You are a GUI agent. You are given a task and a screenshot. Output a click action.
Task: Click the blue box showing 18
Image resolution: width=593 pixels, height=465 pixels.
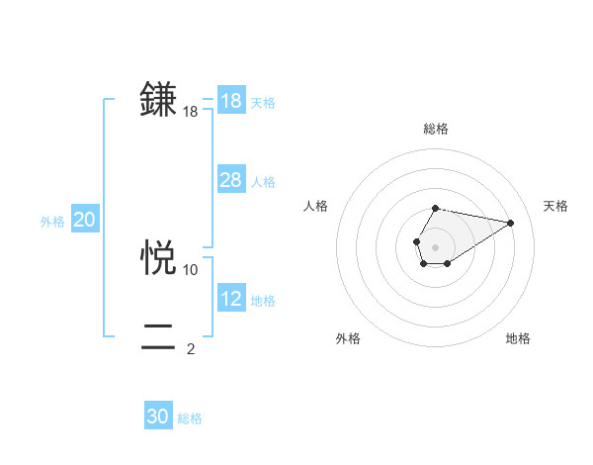pyautogui.click(x=231, y=101)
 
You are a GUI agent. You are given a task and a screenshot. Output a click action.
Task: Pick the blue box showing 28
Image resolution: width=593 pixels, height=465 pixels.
pyautogui.click(x=231, y=180)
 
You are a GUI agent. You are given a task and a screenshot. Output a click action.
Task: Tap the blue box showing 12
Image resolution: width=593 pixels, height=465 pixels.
pyautogui.click(x=231, y=299)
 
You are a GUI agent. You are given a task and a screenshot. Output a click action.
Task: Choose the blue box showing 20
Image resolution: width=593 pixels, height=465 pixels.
pyautogui.click(x=85, y=221)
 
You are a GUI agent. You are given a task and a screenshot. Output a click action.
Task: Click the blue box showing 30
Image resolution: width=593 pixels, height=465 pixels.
pyautogui.click(x=158, y=417)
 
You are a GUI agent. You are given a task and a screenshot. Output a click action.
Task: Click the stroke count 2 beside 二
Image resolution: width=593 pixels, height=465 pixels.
pyautogui.click(x=191, y=349)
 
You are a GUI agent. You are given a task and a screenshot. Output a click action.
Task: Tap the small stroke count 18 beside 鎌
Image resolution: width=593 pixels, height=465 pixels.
pyautogui.click(x=191, y=113)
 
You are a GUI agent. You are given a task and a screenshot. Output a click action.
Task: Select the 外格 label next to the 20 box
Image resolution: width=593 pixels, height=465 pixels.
pyautogui.click(x=52, y=222)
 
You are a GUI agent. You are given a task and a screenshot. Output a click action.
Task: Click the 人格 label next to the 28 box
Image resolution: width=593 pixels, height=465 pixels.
pyautogui.click(x=263, y=182)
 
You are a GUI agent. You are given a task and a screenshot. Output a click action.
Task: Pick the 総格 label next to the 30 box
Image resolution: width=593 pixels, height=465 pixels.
pyautogui.click(x=190, y=418)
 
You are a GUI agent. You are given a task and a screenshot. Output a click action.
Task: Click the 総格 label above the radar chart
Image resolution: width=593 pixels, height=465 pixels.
pyautogui.click(x=435, y=129)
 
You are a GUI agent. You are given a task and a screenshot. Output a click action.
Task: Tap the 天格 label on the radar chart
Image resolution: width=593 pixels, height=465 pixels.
pyautogui.click(x=555, y=206)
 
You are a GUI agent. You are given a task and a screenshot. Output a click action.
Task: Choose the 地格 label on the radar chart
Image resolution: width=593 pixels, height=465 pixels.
pyautogui.click(x=518, y=339)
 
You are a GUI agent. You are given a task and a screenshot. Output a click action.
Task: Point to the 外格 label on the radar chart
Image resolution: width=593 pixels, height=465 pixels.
pyautogui.click(x=348, y=339)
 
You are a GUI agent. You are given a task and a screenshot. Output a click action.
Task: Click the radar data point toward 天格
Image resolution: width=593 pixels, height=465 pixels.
pyautogui.click(x=510, y=222)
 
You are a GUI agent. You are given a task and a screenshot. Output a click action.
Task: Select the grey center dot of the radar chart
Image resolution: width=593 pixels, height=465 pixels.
pyautogui.click(x=435, y=246)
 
